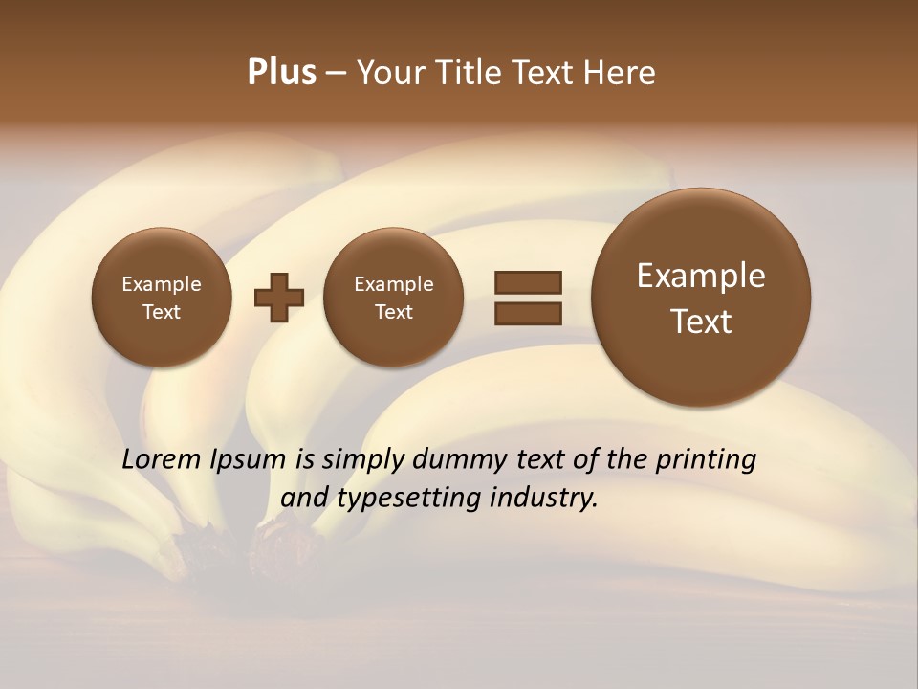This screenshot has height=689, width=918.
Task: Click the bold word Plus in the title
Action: click(x=281, y=73)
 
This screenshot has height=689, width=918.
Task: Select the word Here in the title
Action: click(x=621, y=73)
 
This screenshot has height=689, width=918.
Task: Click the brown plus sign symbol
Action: click(x=279, y=298)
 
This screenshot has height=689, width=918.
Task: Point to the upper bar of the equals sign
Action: click(x=528, y=282)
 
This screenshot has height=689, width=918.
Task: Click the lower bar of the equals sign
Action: click(x=528, y=313)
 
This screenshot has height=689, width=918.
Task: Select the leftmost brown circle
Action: click(x=162, y=298)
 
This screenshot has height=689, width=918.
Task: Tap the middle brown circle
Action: click(x=393, y=298)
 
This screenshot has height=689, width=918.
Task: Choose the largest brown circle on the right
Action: click(x=701, y=298)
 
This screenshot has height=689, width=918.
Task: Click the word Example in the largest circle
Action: click(x=701, y=276)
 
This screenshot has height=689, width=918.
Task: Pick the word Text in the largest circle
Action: click(x=701, y=322)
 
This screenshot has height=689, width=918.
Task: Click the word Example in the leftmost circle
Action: click(x=162, y=284)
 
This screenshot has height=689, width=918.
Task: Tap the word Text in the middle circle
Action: click(x=393, y=312)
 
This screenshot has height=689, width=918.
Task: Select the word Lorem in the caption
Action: click(x=161, y=459)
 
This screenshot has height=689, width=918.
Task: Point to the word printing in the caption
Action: click(x=704, y=460)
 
